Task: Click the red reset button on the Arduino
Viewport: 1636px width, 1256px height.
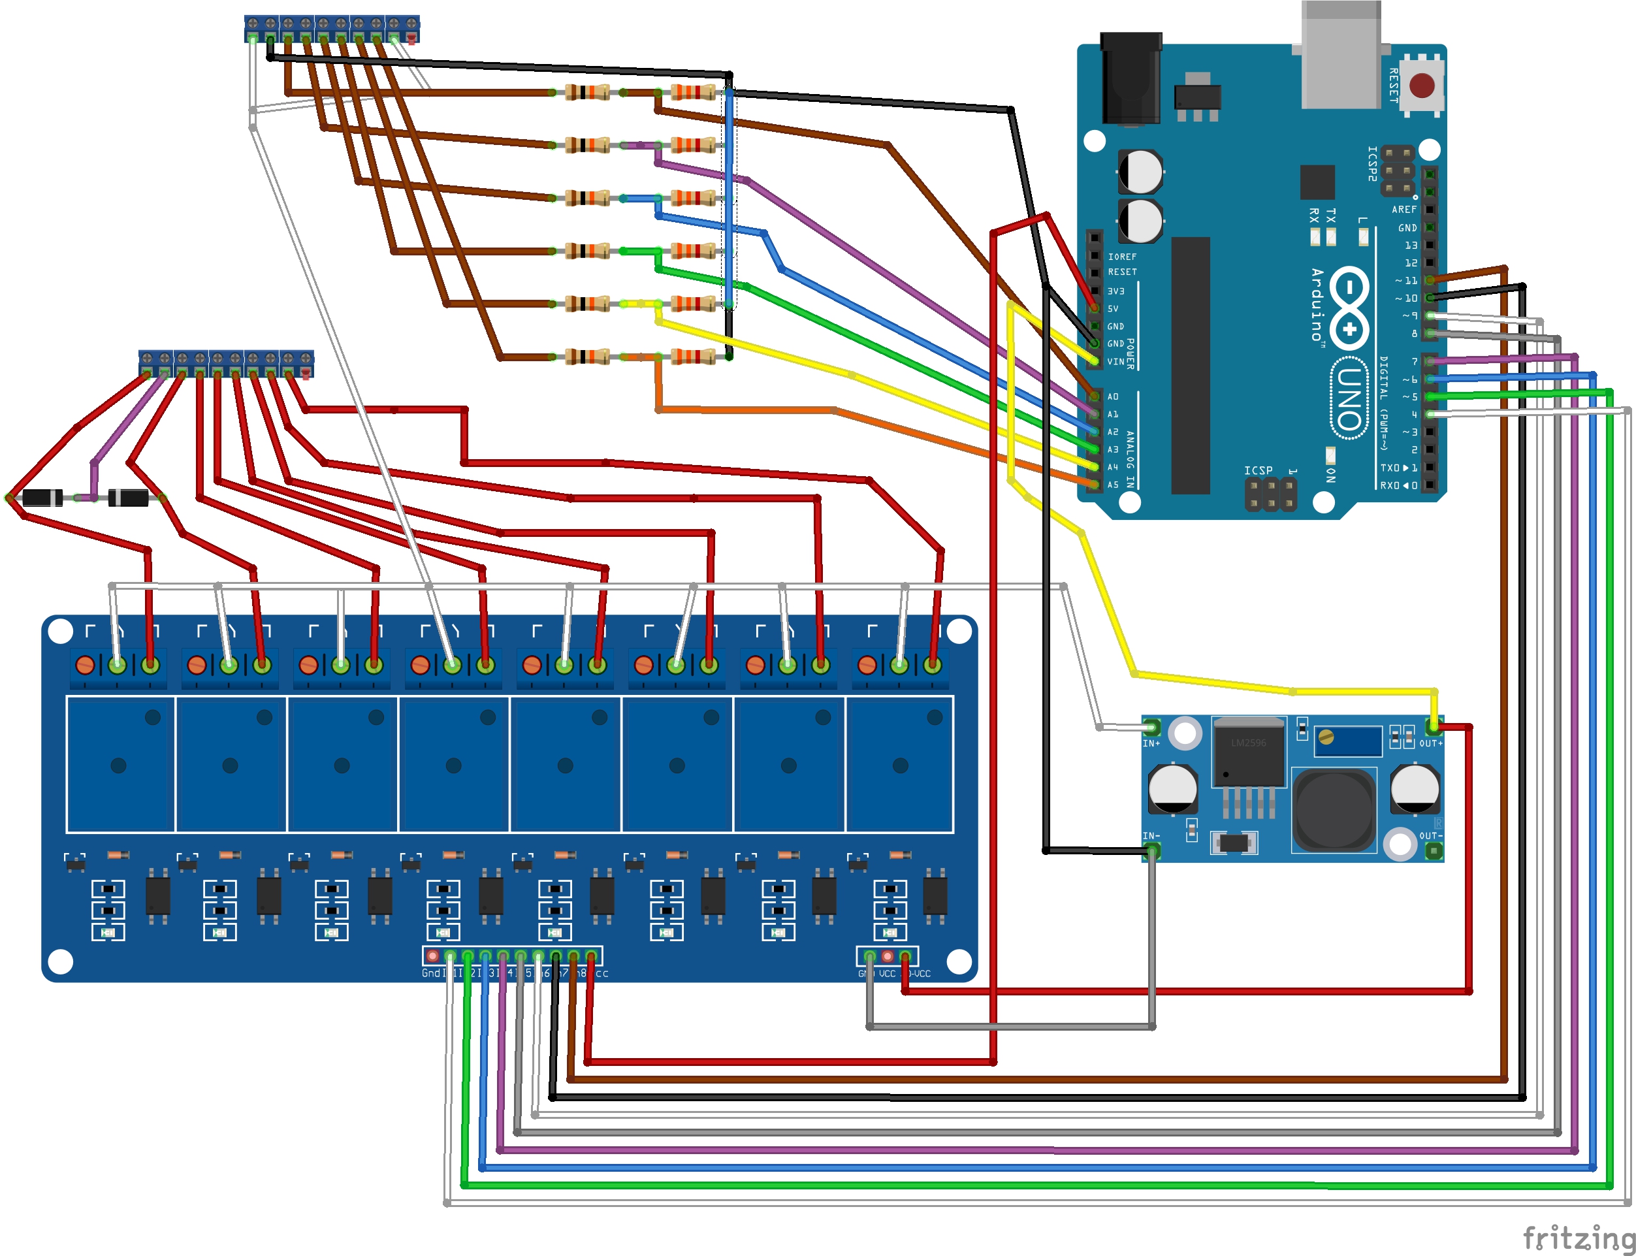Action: click(1422, 85)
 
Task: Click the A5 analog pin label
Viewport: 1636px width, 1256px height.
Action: click(1113, 485)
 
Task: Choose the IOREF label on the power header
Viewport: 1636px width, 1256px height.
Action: click(1122, 257)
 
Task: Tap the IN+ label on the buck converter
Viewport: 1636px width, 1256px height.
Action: click(1151, 744)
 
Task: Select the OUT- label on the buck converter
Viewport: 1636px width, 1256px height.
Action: click(1430, 836)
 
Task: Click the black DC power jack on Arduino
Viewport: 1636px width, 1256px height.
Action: click(1131, 78)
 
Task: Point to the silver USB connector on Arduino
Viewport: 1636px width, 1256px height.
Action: click(1341, 56)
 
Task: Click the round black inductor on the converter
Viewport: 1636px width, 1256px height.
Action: click(1334, 811)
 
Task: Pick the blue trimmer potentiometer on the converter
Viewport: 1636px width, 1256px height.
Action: click(1349, 741)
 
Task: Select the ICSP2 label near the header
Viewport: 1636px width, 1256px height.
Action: click(1372, 164)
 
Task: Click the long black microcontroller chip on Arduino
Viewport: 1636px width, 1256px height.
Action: click(1190, 366)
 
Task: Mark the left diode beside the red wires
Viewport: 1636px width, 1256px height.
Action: click(42, 497)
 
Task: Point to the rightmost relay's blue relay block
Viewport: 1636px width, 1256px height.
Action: click(900, 764)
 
